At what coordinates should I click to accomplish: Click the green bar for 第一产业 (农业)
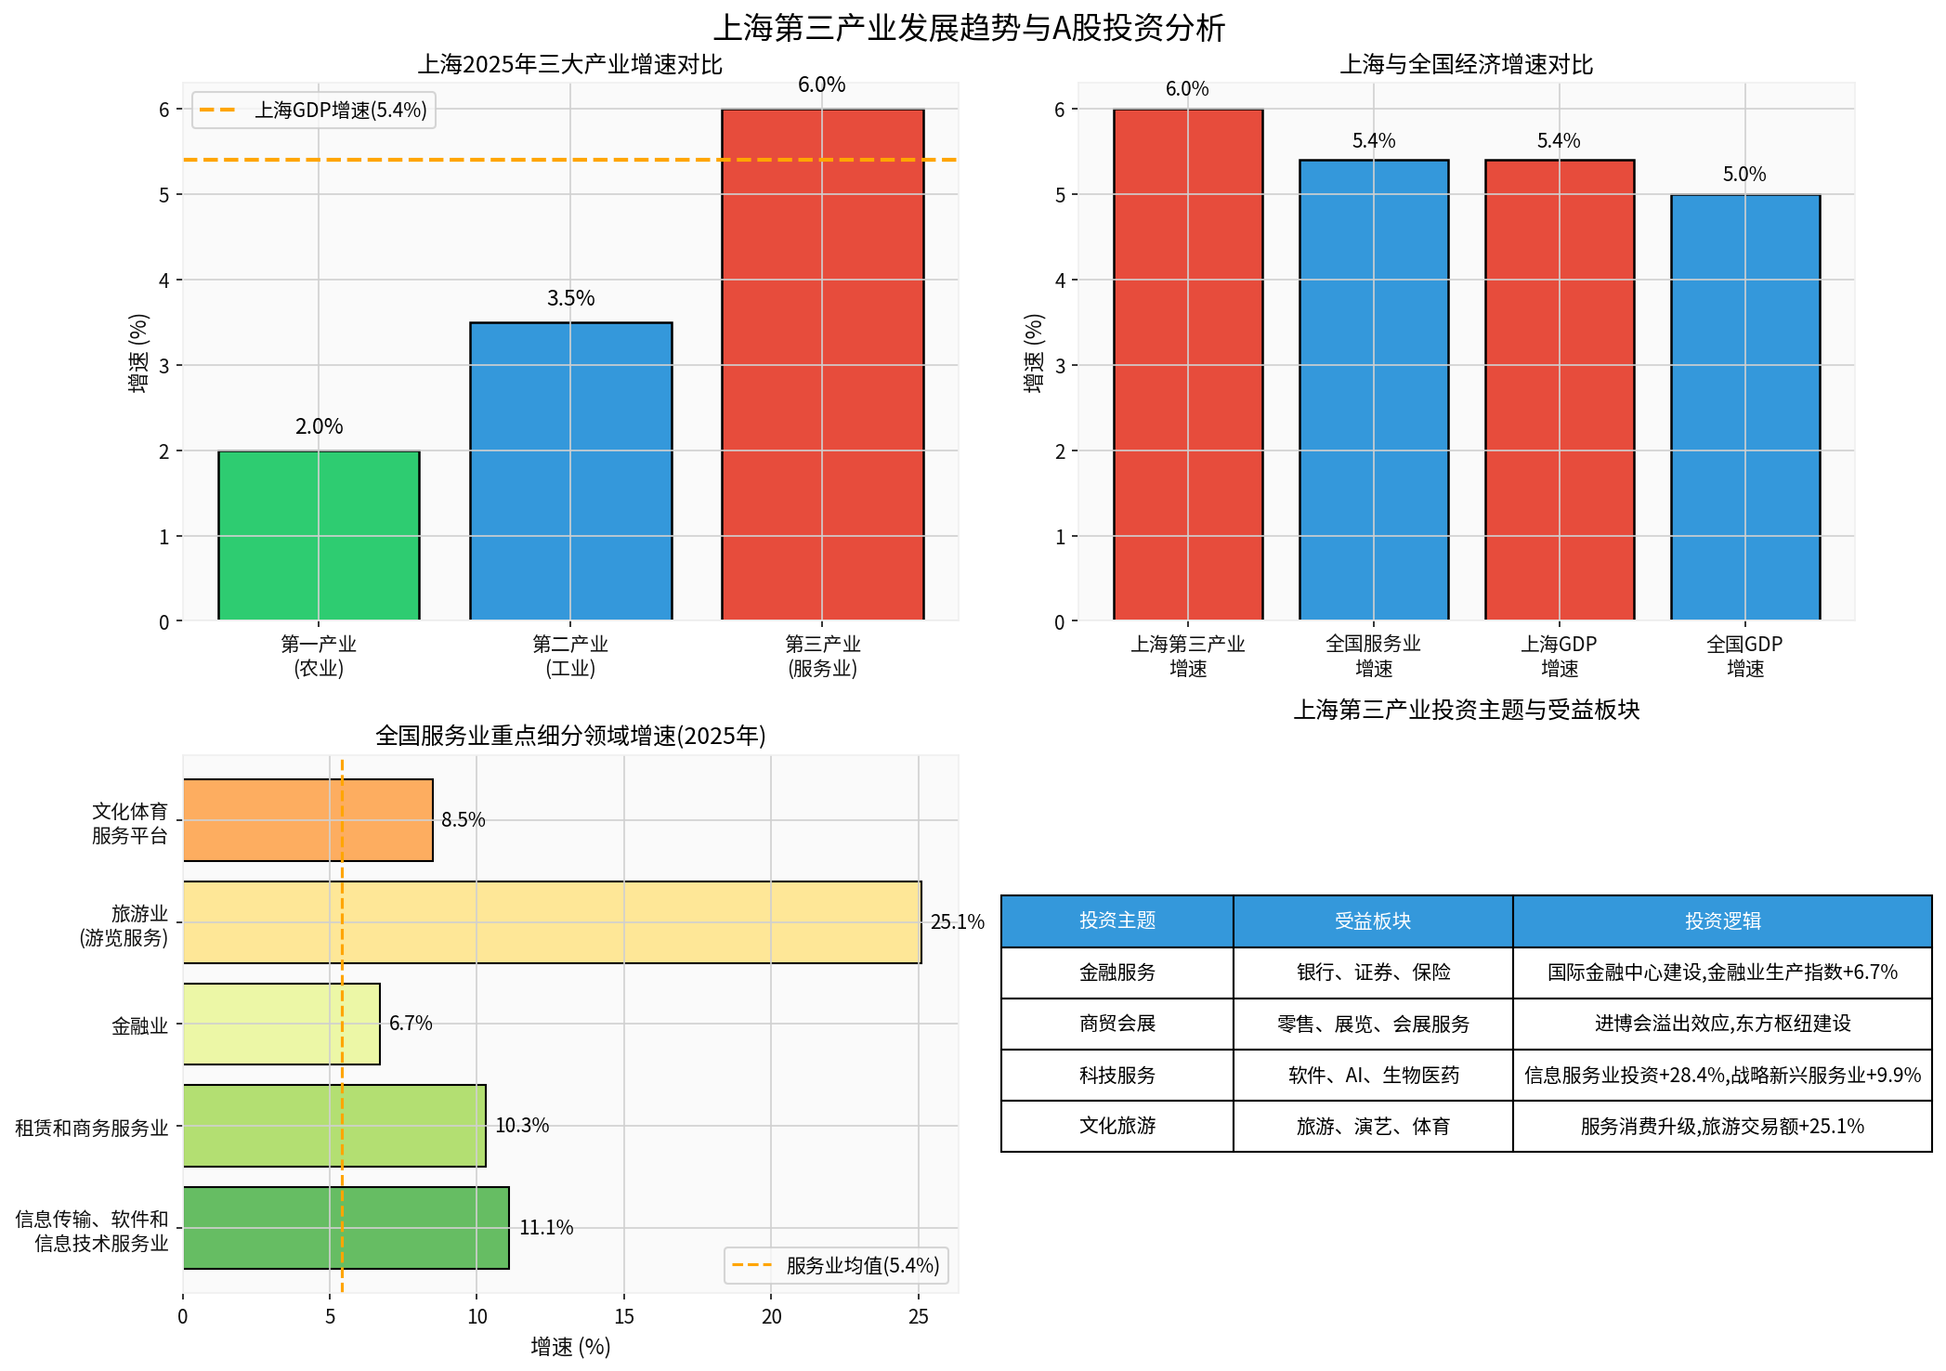pyautogui.click(x=319, y=535)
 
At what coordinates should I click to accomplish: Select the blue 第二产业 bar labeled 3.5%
pyautogui.click(x=570, y=471)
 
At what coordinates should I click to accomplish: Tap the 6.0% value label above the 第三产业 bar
pyautogui.click(x=821, y=85)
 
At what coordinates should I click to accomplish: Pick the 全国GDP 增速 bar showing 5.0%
pyautogui.click(x=1744, y=407)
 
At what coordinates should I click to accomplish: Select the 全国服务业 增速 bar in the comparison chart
pyautogui.click(x=1373, y=390)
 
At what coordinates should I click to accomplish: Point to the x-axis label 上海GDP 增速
pyautogui.click(x=1559, y=656)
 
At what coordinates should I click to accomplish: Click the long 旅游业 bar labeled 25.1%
pyautogui.click(x=552, y=921)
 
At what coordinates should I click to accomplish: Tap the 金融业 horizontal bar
pyautogui.click(x=281, y=1024)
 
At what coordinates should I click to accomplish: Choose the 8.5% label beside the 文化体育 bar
pyautogui.click(x=463, y=820)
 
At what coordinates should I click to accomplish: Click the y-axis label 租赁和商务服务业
pyautogui.click(x=92, y=1128)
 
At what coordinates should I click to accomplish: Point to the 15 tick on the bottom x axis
pyautogui.click(x=624, y=1316)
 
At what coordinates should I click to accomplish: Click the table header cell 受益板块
pyautogui.click(x=1372, y=921)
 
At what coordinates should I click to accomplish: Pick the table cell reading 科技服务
pyautogui.click(x=1117, y=1076)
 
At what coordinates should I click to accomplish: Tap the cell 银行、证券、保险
pyautogui.click(x=1372, y=973)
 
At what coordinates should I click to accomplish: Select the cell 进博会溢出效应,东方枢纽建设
pyautogui.click(x=1721, y=1024)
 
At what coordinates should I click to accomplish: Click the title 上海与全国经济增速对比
pyautogui.click(x=1466, y=65)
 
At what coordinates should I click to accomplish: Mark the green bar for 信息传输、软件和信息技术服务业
pyautogui.click(x=346, y=1227)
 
